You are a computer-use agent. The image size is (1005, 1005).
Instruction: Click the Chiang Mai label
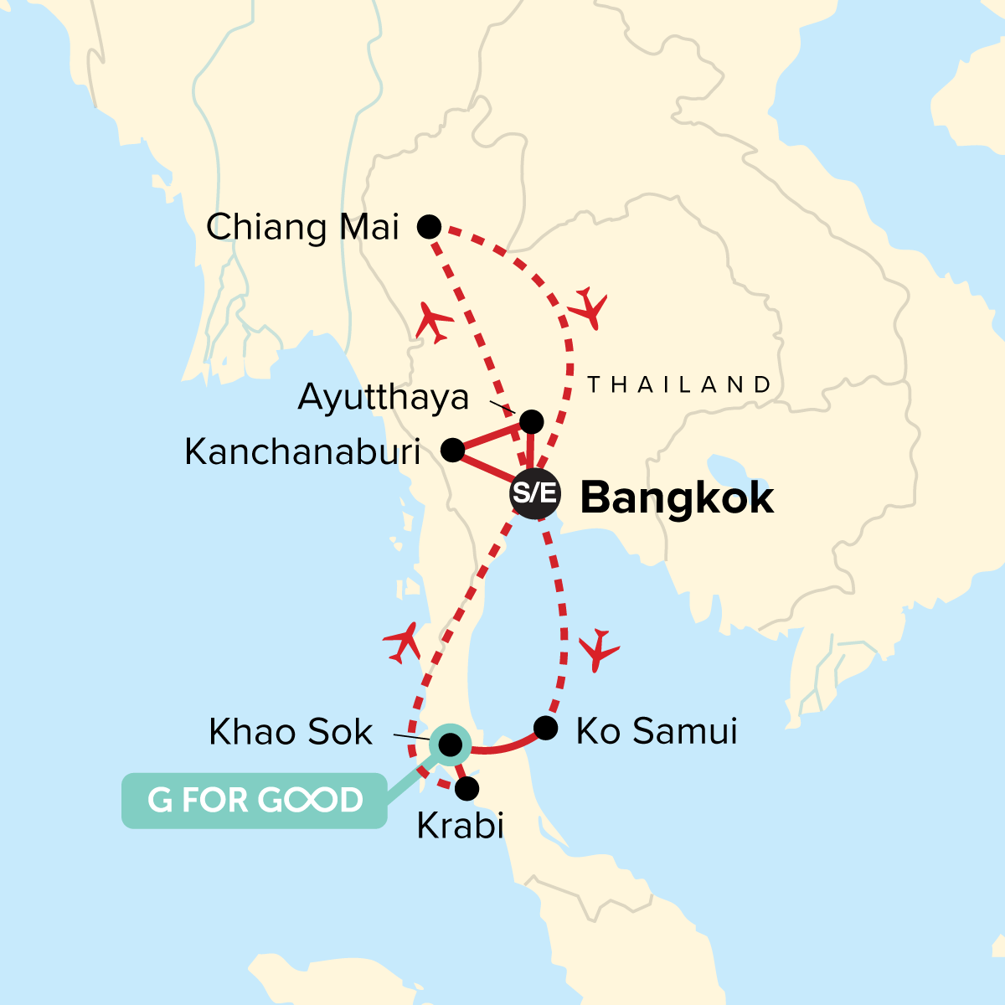(302, 228)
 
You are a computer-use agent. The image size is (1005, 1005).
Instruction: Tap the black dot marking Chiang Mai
(429, 226)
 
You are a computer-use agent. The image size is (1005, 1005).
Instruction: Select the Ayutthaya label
(383, 397)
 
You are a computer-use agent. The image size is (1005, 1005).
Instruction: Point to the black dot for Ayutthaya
(532, 420)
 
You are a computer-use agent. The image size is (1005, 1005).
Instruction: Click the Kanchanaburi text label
(302, 452)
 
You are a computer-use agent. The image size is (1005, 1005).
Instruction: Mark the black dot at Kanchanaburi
(452, 451)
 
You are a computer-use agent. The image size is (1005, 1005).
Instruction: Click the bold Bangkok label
(677, 498)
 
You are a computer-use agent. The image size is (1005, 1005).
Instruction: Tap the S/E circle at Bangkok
(534, 493)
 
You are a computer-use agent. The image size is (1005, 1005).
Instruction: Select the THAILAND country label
(678, 384)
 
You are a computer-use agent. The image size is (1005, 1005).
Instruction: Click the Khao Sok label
(290, 732)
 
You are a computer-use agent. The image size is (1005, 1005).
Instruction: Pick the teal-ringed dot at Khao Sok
(450, 745)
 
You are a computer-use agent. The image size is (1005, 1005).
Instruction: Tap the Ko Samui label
(657, 731)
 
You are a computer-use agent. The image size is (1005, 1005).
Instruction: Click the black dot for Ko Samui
(545, 728)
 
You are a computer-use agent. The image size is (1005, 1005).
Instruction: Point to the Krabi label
(460, 827)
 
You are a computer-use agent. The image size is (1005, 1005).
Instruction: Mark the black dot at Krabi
(466, 788)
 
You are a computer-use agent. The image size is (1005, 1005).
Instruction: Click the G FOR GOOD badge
(255, 801)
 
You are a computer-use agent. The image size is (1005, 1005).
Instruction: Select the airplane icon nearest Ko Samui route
(598, 648)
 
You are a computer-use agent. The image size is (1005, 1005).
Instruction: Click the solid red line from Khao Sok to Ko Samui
(499, 748)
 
